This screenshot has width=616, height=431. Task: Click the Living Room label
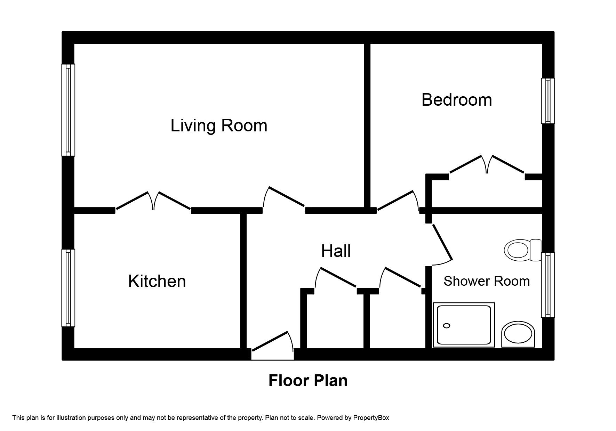[x=219, y=125]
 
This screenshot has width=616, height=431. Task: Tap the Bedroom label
[x=456, y=100]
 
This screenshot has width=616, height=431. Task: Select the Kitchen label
[x=157, y=281]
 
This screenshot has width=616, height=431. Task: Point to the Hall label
[x=336, y=251]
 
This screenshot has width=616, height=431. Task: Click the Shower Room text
[x=486, y=281]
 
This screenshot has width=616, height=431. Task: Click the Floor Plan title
[x=308, y=381]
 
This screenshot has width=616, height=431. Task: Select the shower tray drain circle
[x=447, y=326]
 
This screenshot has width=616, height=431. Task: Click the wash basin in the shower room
[x=518, y=334]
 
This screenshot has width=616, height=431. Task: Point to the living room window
[x=68, y=110]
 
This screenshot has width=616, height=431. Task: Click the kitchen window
[x=68, y=288]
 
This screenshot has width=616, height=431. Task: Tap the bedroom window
[x=547, y=101]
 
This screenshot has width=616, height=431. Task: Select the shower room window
[x=547, y=285]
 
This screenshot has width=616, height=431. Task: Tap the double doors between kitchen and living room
[x=153, y=201]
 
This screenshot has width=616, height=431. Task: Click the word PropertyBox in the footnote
[x=371, y=418]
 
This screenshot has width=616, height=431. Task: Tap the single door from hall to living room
[x=284, y=198]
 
